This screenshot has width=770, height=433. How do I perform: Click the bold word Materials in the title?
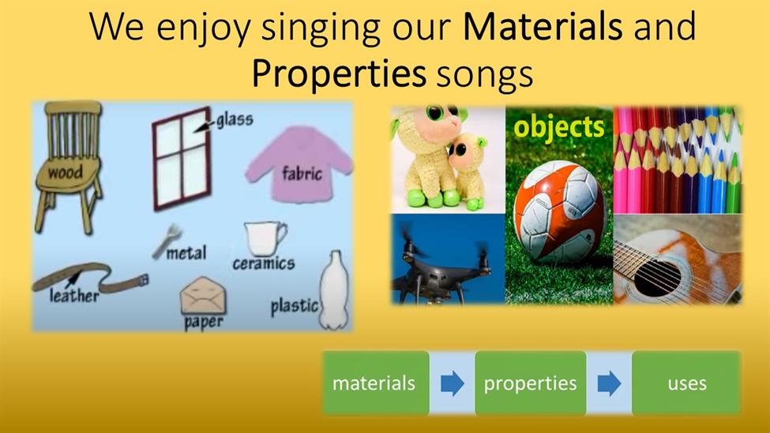coord(543,27)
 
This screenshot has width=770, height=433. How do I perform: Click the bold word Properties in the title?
coord(338,73)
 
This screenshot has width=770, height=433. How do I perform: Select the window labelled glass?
coord(182,159)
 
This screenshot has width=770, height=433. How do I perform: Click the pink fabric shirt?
coord(299,164)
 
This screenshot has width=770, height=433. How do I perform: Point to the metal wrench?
coord(167,240)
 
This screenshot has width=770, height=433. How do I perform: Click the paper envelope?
coord(203,296)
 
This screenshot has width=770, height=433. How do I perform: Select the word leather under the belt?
coord(73,296)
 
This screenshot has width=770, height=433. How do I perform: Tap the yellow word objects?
coord(558,127)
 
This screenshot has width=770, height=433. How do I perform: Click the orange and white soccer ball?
coord(559,211)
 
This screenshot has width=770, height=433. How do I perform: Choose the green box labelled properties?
coord(531,383)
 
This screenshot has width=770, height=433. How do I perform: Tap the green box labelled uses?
coord(686,383)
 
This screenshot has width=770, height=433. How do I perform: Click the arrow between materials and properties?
coord(453,383)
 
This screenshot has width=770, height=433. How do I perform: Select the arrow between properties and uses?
coord(609,383)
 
